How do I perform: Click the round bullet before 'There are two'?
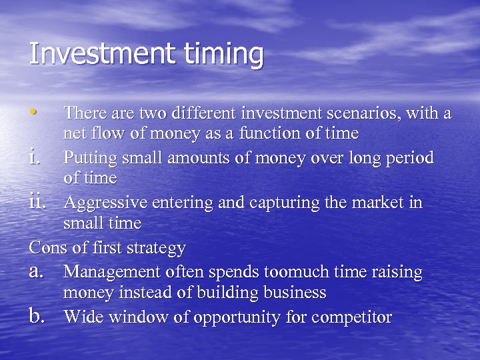34,111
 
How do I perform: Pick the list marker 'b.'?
38,317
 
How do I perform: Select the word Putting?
89,159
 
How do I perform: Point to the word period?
409,159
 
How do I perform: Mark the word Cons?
47,248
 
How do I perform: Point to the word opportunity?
237,318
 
